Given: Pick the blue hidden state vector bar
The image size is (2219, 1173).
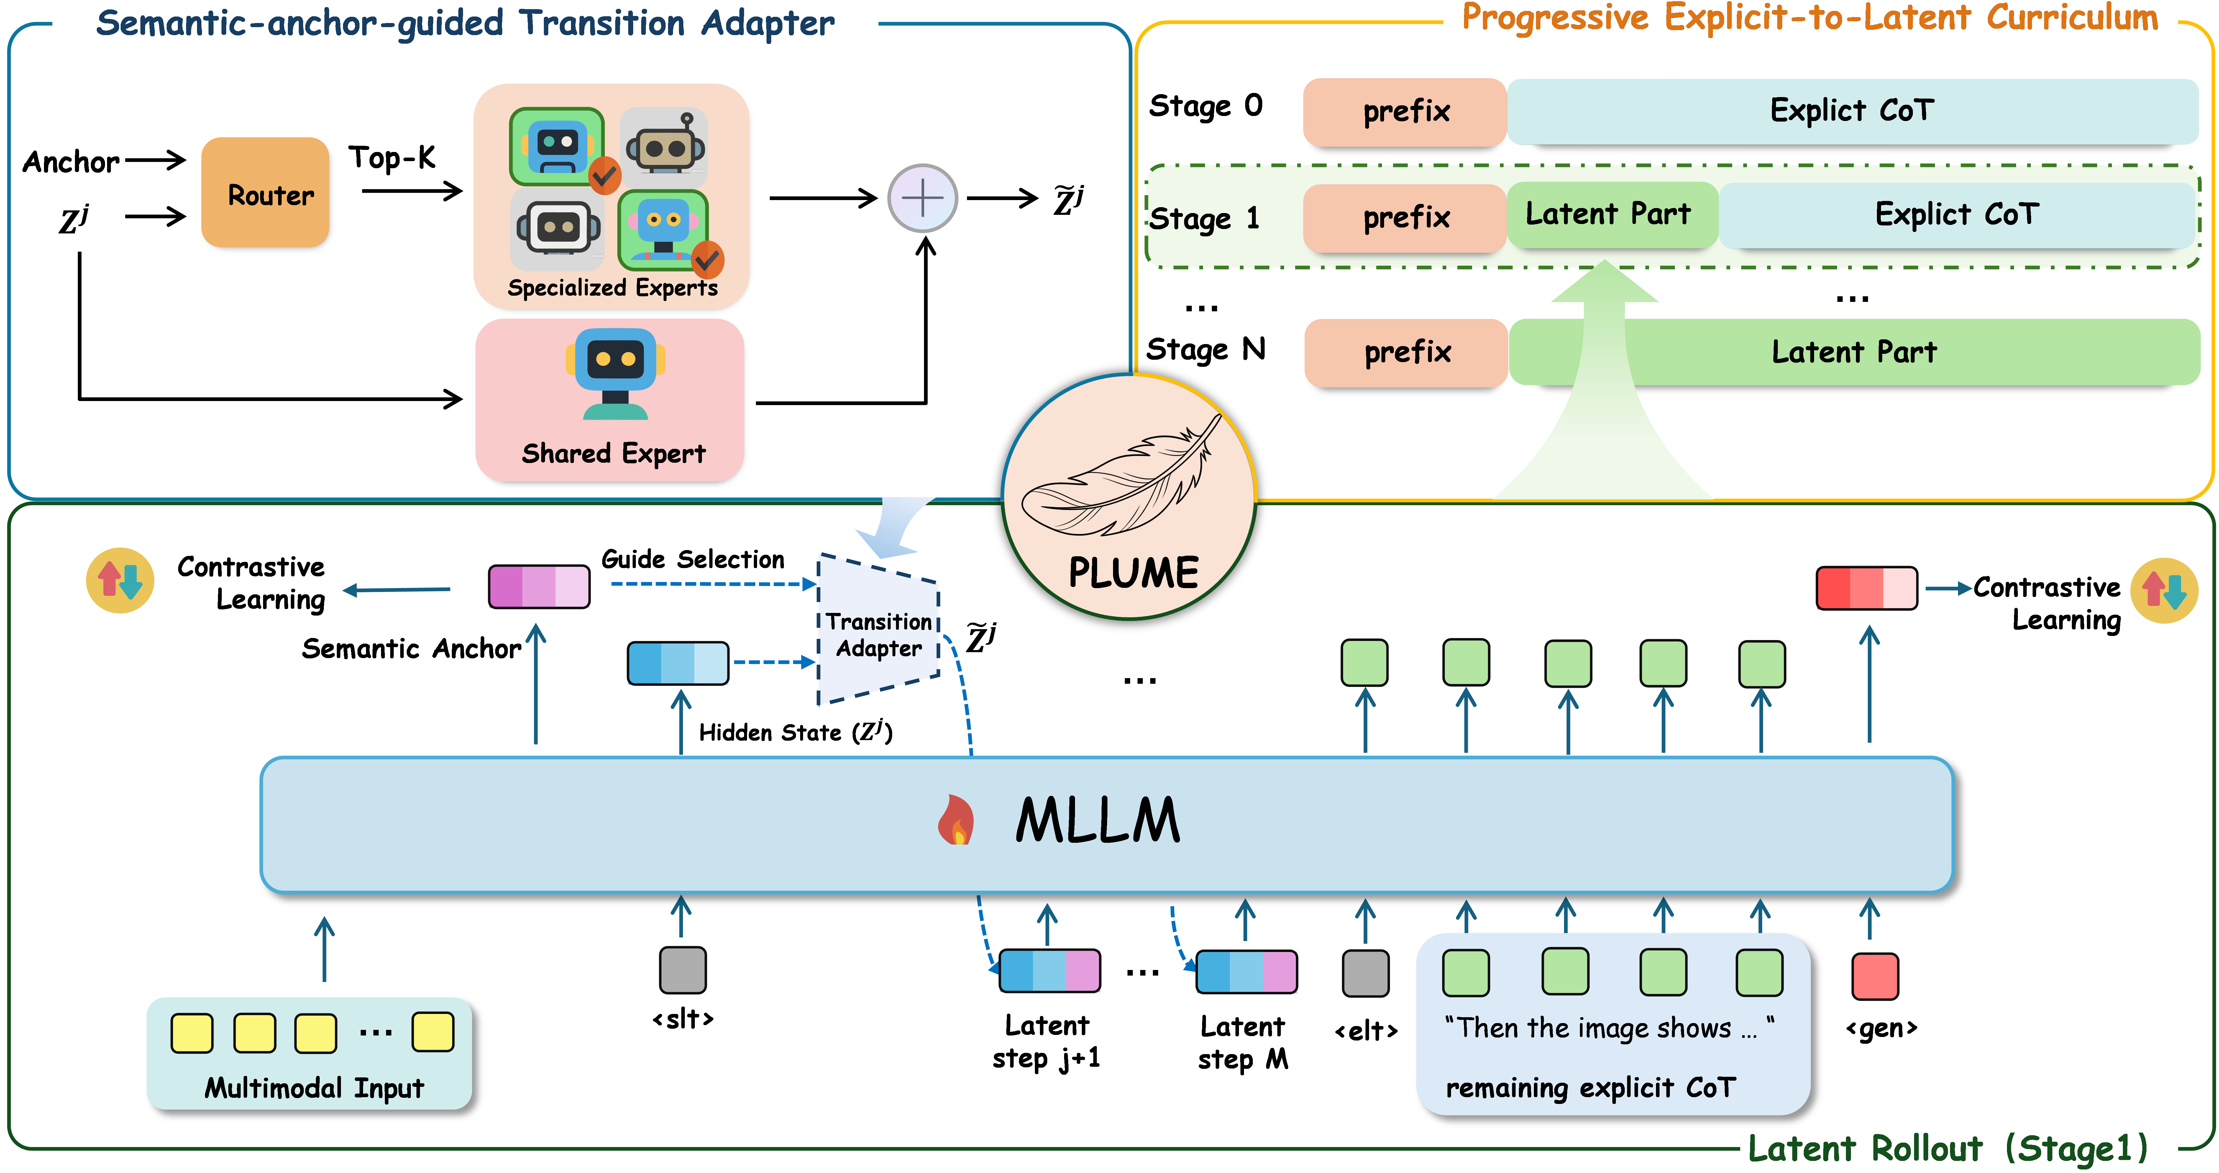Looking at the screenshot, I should (x=678, y=663).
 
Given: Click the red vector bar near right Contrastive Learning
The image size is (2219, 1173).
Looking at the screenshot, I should (x=1866, y=588).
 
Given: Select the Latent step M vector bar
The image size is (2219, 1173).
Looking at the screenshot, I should (x=1246, y=971).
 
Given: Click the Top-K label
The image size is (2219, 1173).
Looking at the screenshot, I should (x=392, y=158).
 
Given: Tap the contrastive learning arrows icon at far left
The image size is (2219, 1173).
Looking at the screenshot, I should (x=120, y=580).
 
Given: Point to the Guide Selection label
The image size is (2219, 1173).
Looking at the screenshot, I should (x=692, y=559).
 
